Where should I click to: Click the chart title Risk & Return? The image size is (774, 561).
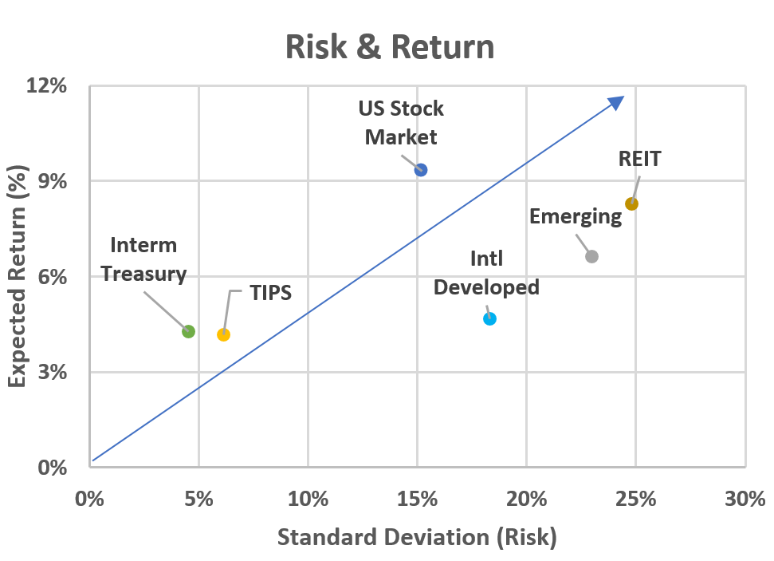pos(390,47)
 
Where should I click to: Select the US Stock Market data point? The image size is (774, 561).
pos(421,170)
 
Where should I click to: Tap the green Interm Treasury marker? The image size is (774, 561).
pos(188,331)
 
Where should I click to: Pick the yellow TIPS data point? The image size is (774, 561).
pos(223,334)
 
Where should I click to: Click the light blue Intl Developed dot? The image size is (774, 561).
pos(489,318)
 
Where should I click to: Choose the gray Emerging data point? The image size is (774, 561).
pos(591,256)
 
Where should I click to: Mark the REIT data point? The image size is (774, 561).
pos(631,203)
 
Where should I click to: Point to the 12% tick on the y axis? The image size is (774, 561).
pos(49,85)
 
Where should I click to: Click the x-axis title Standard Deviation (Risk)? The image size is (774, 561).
pos(417,537)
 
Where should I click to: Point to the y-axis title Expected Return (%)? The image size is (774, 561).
pos(18,276)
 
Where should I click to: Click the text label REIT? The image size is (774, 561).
pos(639,159)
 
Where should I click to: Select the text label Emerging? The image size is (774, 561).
pos(575,216)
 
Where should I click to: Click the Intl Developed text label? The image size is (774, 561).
pos(486,273)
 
